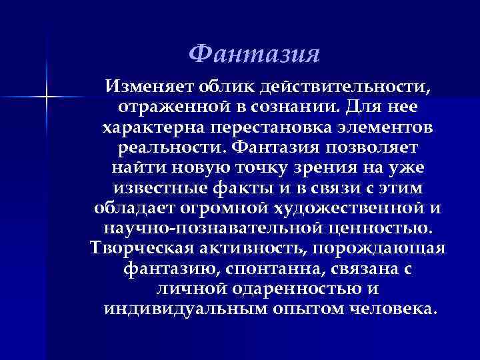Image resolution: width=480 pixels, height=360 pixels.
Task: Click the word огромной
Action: coord(227,209)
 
